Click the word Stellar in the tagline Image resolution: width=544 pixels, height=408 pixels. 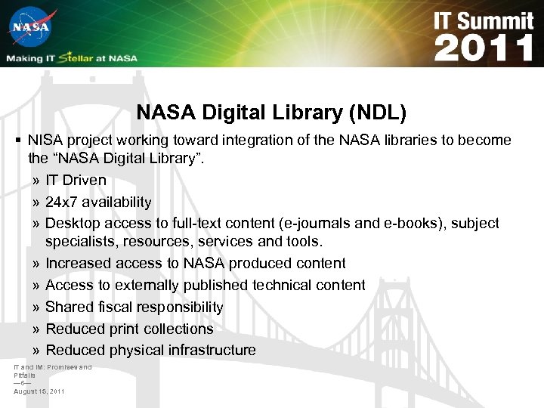[79, 58]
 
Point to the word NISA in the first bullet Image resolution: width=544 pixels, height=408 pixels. [45, 141]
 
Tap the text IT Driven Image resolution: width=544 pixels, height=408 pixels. [76, 181]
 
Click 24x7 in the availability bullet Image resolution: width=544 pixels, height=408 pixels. [62, 202]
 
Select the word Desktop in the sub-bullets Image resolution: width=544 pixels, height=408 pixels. [73, 224]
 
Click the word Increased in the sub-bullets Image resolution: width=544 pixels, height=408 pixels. [79, 264]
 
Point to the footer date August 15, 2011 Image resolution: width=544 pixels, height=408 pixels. [39, 391]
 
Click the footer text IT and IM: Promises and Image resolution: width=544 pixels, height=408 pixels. [52, 367]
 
